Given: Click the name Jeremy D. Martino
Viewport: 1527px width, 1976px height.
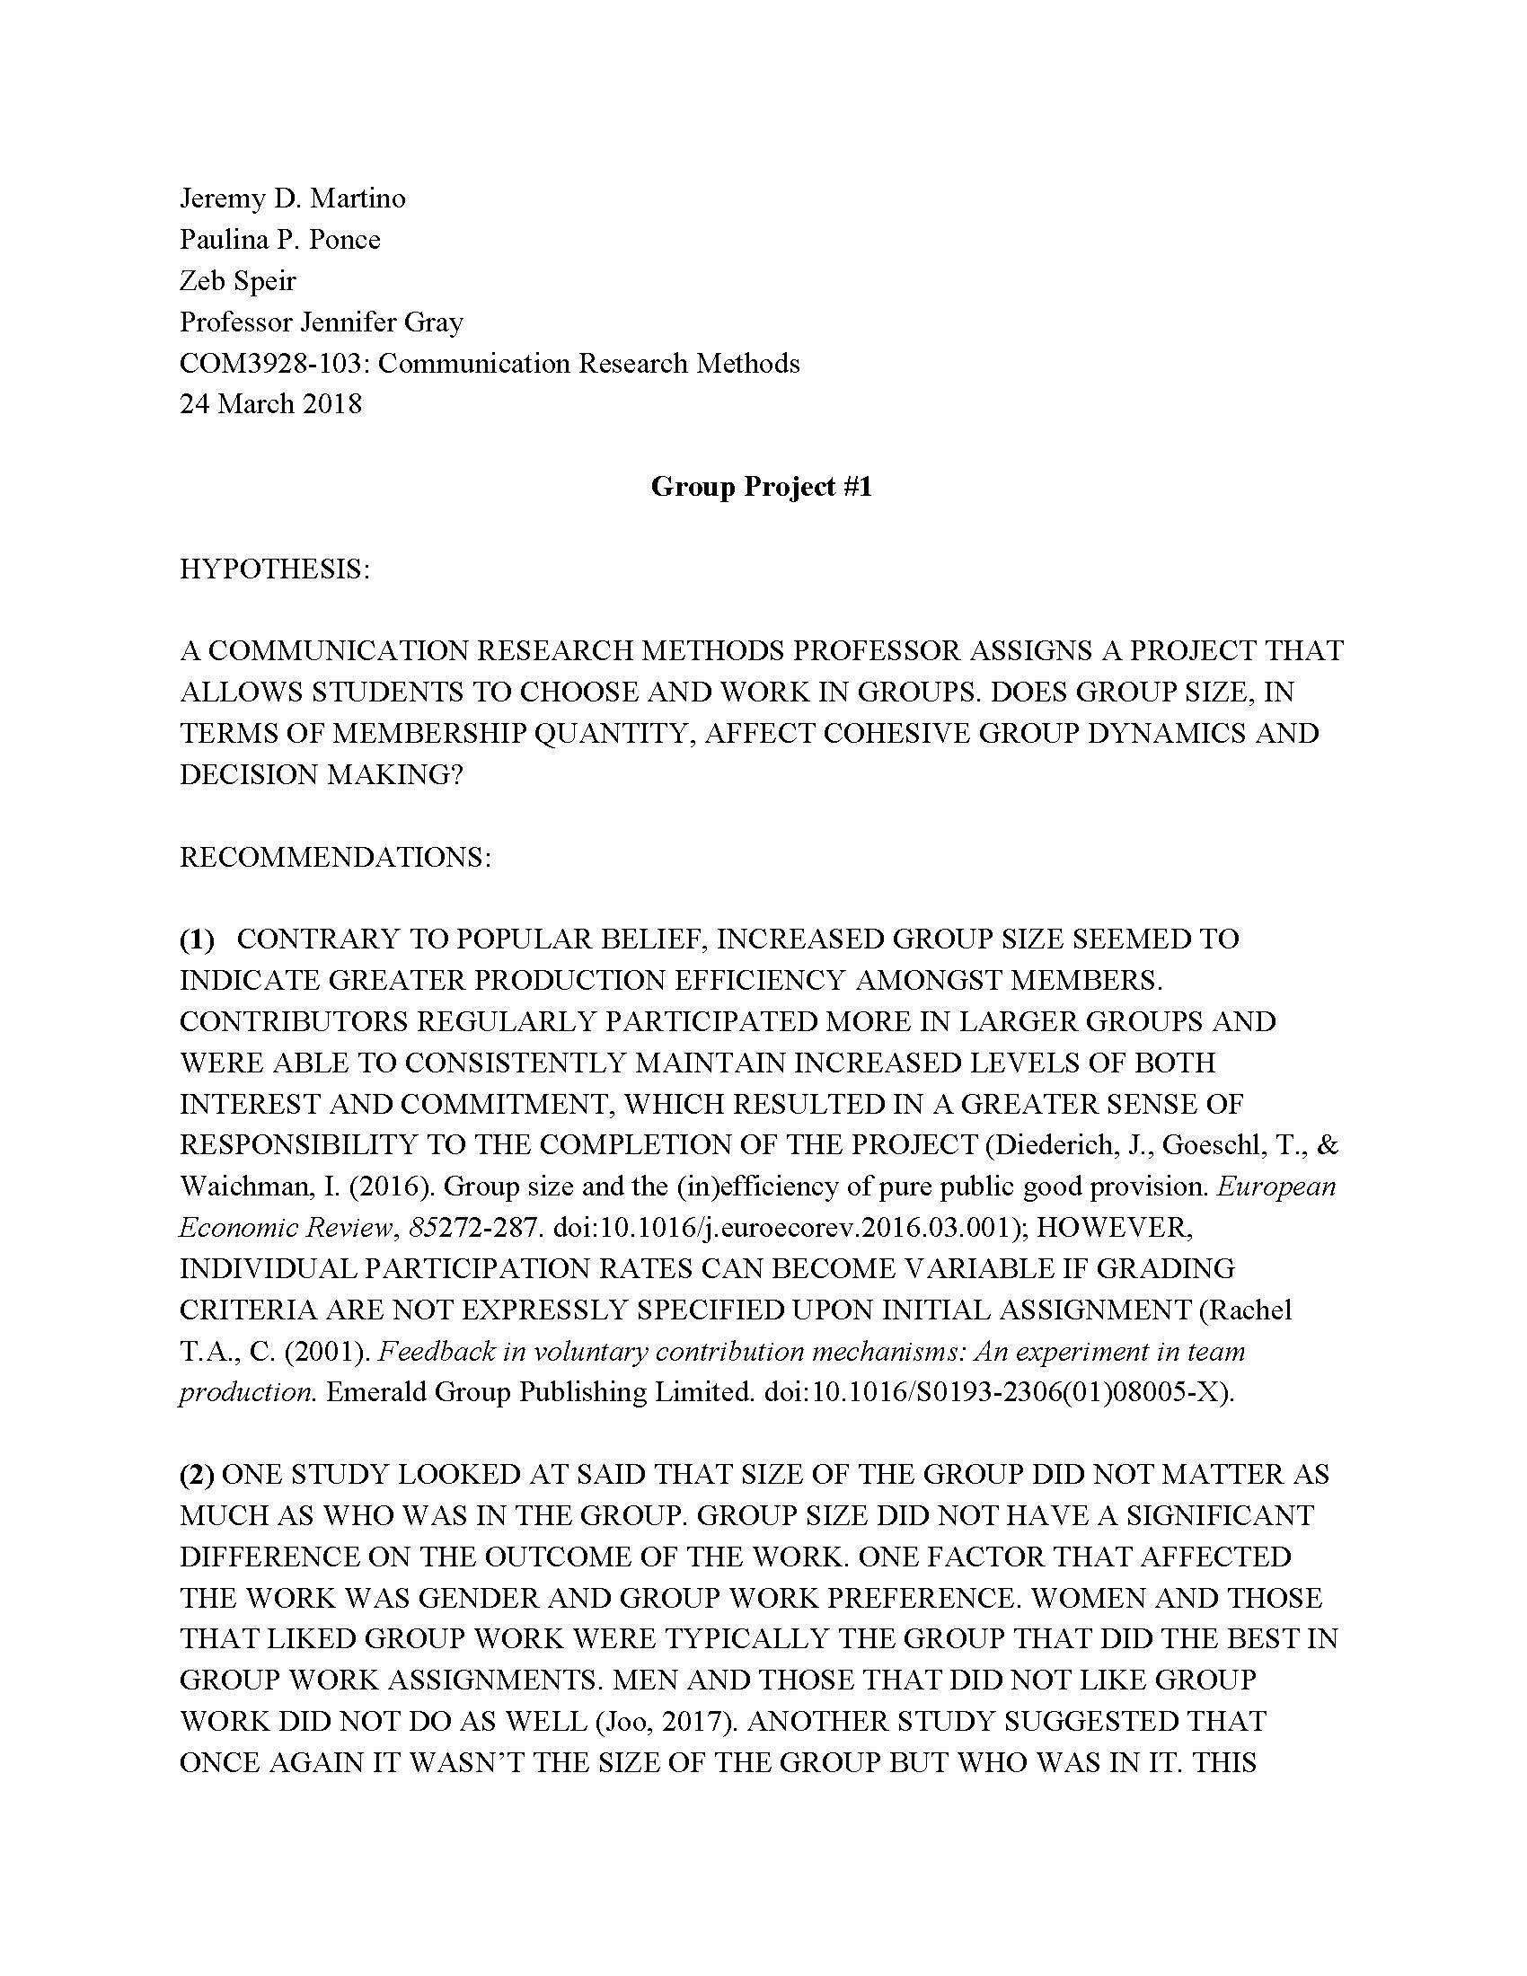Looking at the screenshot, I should coord(292,198).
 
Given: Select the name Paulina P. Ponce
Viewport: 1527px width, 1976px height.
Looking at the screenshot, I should coord(279,239).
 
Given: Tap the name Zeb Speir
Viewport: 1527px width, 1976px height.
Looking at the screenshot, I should coord(238,280).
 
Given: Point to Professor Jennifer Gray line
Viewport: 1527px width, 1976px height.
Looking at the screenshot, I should coord(322,322).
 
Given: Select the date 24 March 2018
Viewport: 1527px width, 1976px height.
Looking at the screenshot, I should coord(270,403).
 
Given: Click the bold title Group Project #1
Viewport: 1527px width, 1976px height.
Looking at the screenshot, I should coord(762,487).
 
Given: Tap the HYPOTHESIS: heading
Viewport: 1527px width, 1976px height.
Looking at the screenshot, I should coord(275,569).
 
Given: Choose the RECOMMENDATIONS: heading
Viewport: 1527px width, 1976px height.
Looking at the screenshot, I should coord(336,857).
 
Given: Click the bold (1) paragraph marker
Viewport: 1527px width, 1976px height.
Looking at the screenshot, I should coord(198,939).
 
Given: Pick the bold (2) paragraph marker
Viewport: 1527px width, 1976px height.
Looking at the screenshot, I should coord(198,1475).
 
